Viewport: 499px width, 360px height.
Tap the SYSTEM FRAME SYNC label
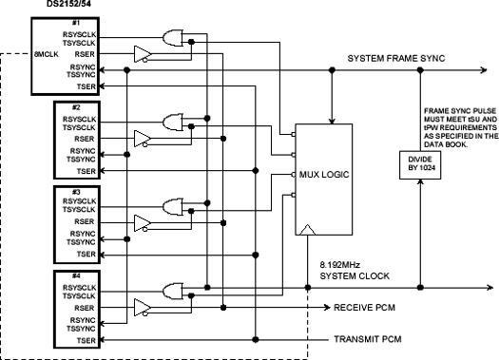pos(395,58)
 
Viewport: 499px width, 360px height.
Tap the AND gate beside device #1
pos(173,39)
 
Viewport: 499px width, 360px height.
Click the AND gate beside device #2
pos(173,122)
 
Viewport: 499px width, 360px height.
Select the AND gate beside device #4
pos(173,288)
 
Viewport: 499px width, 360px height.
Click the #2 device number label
pos(76,105)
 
